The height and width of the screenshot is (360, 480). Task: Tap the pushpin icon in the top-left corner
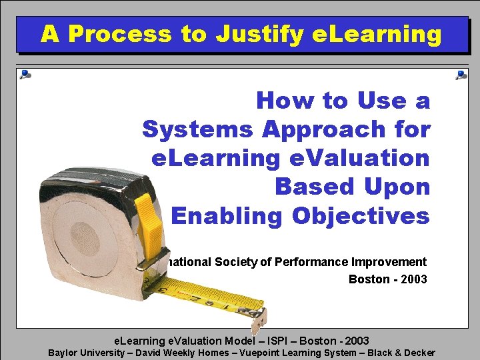point(25,75)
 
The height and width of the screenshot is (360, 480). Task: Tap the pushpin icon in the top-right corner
point(461,75)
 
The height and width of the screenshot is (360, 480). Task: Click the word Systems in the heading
point(198,129)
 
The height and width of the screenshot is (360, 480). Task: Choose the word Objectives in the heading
point(361,216)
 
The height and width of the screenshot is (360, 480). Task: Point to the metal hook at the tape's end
point(257,319)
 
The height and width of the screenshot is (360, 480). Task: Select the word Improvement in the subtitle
point(391,262)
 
